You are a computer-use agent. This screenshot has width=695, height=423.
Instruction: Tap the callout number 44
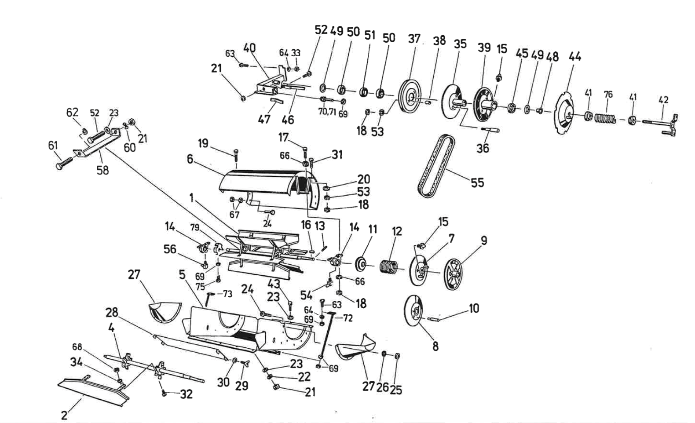tap(574, 56)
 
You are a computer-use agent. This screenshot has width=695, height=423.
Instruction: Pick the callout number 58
tap(102, 169)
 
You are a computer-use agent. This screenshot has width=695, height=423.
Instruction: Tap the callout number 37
tap(414, 39)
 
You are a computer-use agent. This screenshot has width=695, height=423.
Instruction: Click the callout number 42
tap(663, 100)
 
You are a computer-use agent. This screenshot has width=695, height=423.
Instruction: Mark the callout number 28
tap(112, 313)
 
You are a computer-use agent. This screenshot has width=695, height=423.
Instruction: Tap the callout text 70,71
tap(327, 112)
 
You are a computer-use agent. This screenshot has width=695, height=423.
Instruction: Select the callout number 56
tap(169, 249)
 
